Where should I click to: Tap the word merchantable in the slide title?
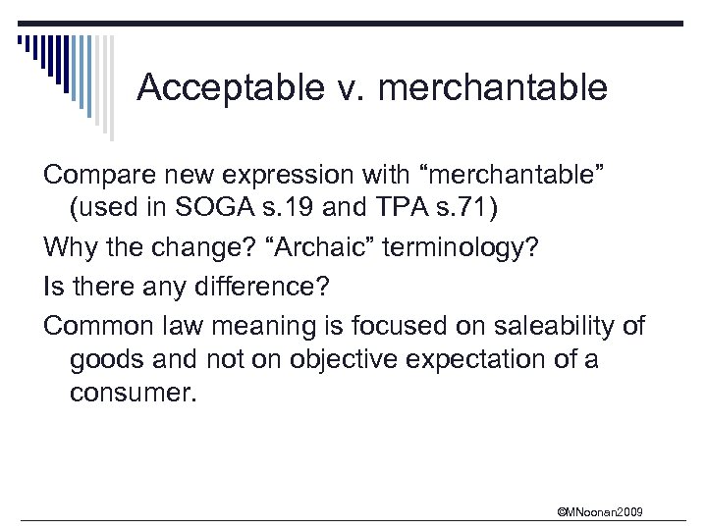pyautogui.click(x=492, y=88)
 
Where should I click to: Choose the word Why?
pyautogui.click(x=67, y=251)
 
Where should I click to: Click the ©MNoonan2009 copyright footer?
pyautogui.click(x=600, y=511)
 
